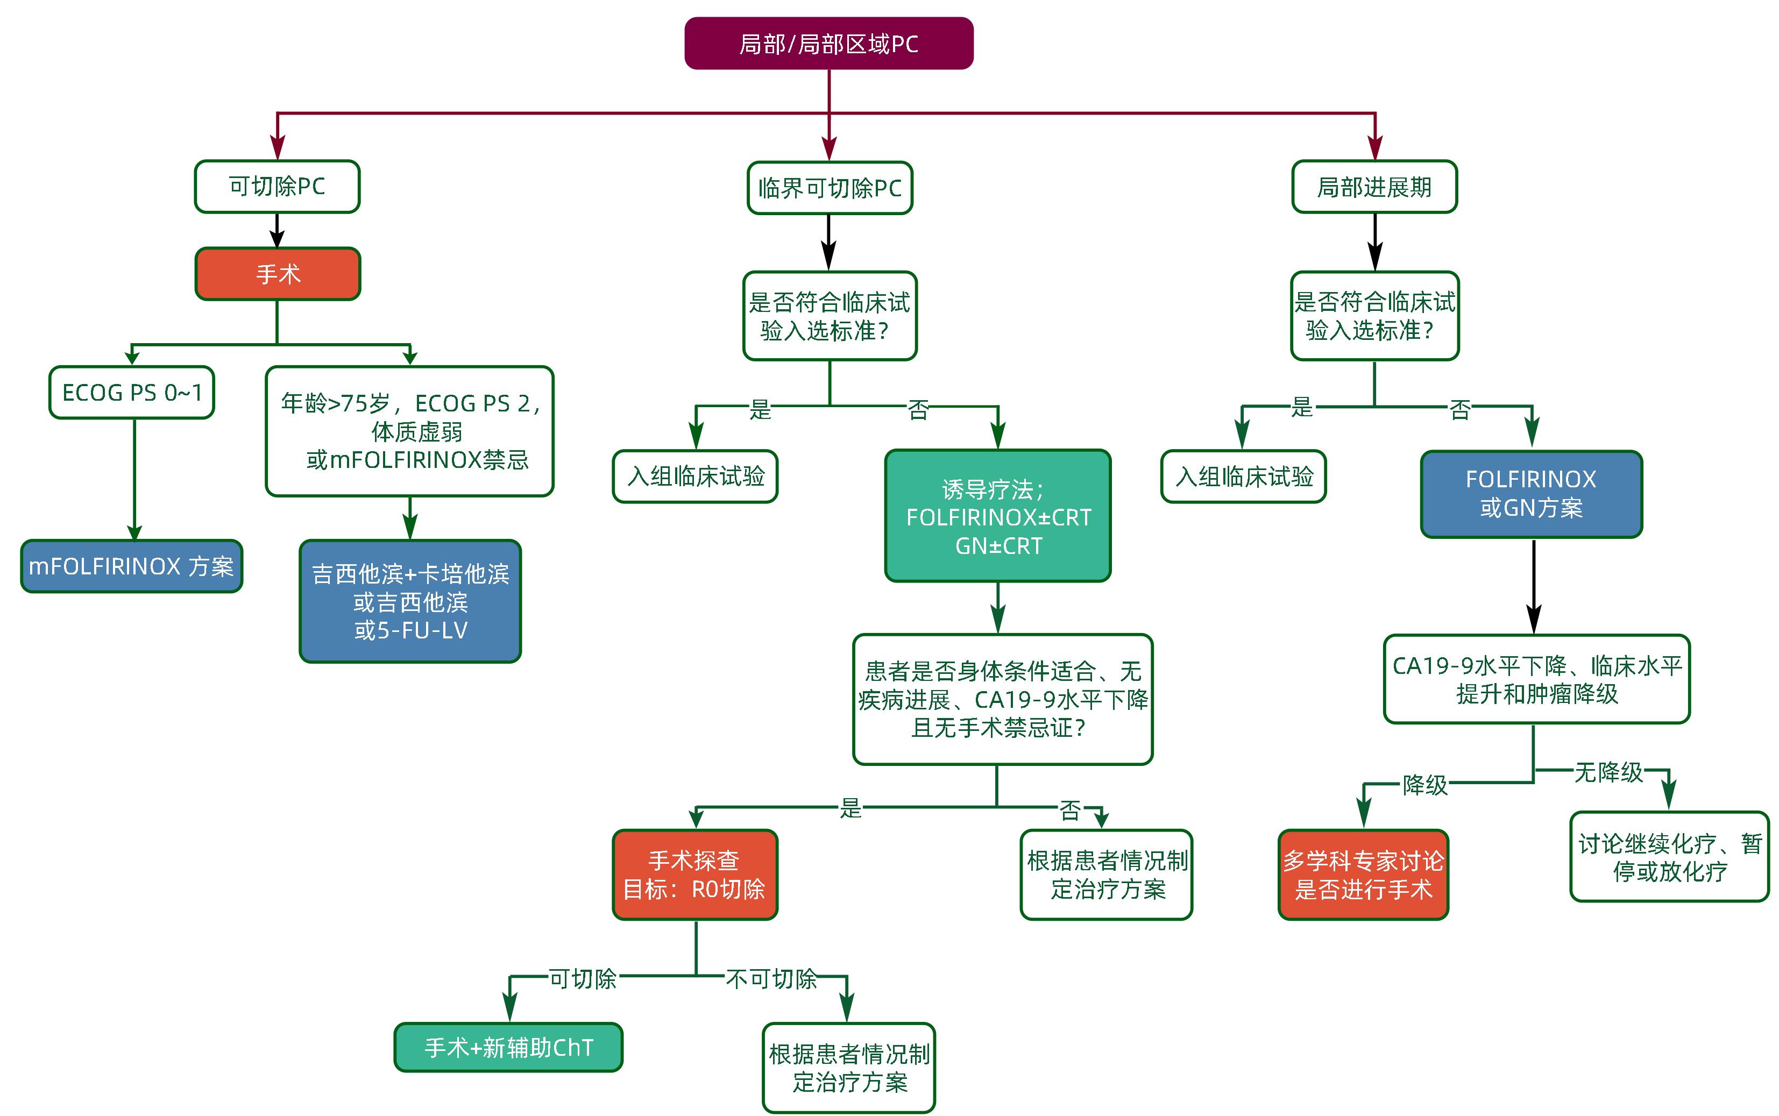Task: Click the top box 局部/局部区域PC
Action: click(x=828, y=44)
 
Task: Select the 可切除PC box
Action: click(x=277, y=187)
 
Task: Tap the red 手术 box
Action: click(x=278, y=274)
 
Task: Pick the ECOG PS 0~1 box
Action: click(x=131, y=393)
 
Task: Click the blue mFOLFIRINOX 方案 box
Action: click(x=131, y=566)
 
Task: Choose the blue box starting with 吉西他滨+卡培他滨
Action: click(x=410, y=601)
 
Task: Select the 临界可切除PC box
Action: click(x=830, y=188)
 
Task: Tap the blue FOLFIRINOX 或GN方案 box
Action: click(x=1531, y=494)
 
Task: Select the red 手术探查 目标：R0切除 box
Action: click(x=694, y=875)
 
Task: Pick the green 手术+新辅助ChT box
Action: click(x=508, y=1047)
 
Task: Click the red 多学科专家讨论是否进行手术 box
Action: click(x=1363, y=875)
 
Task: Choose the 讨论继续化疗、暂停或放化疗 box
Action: click(x=1669, y=857)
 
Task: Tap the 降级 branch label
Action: click(x=1424, y=785)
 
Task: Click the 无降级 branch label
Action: click(x=1608, y=772)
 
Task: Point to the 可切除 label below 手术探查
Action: click(x=583, y=979)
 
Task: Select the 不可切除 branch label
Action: click(x=771, y=979)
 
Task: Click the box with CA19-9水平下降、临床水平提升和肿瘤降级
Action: click(x=1536, y=680)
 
